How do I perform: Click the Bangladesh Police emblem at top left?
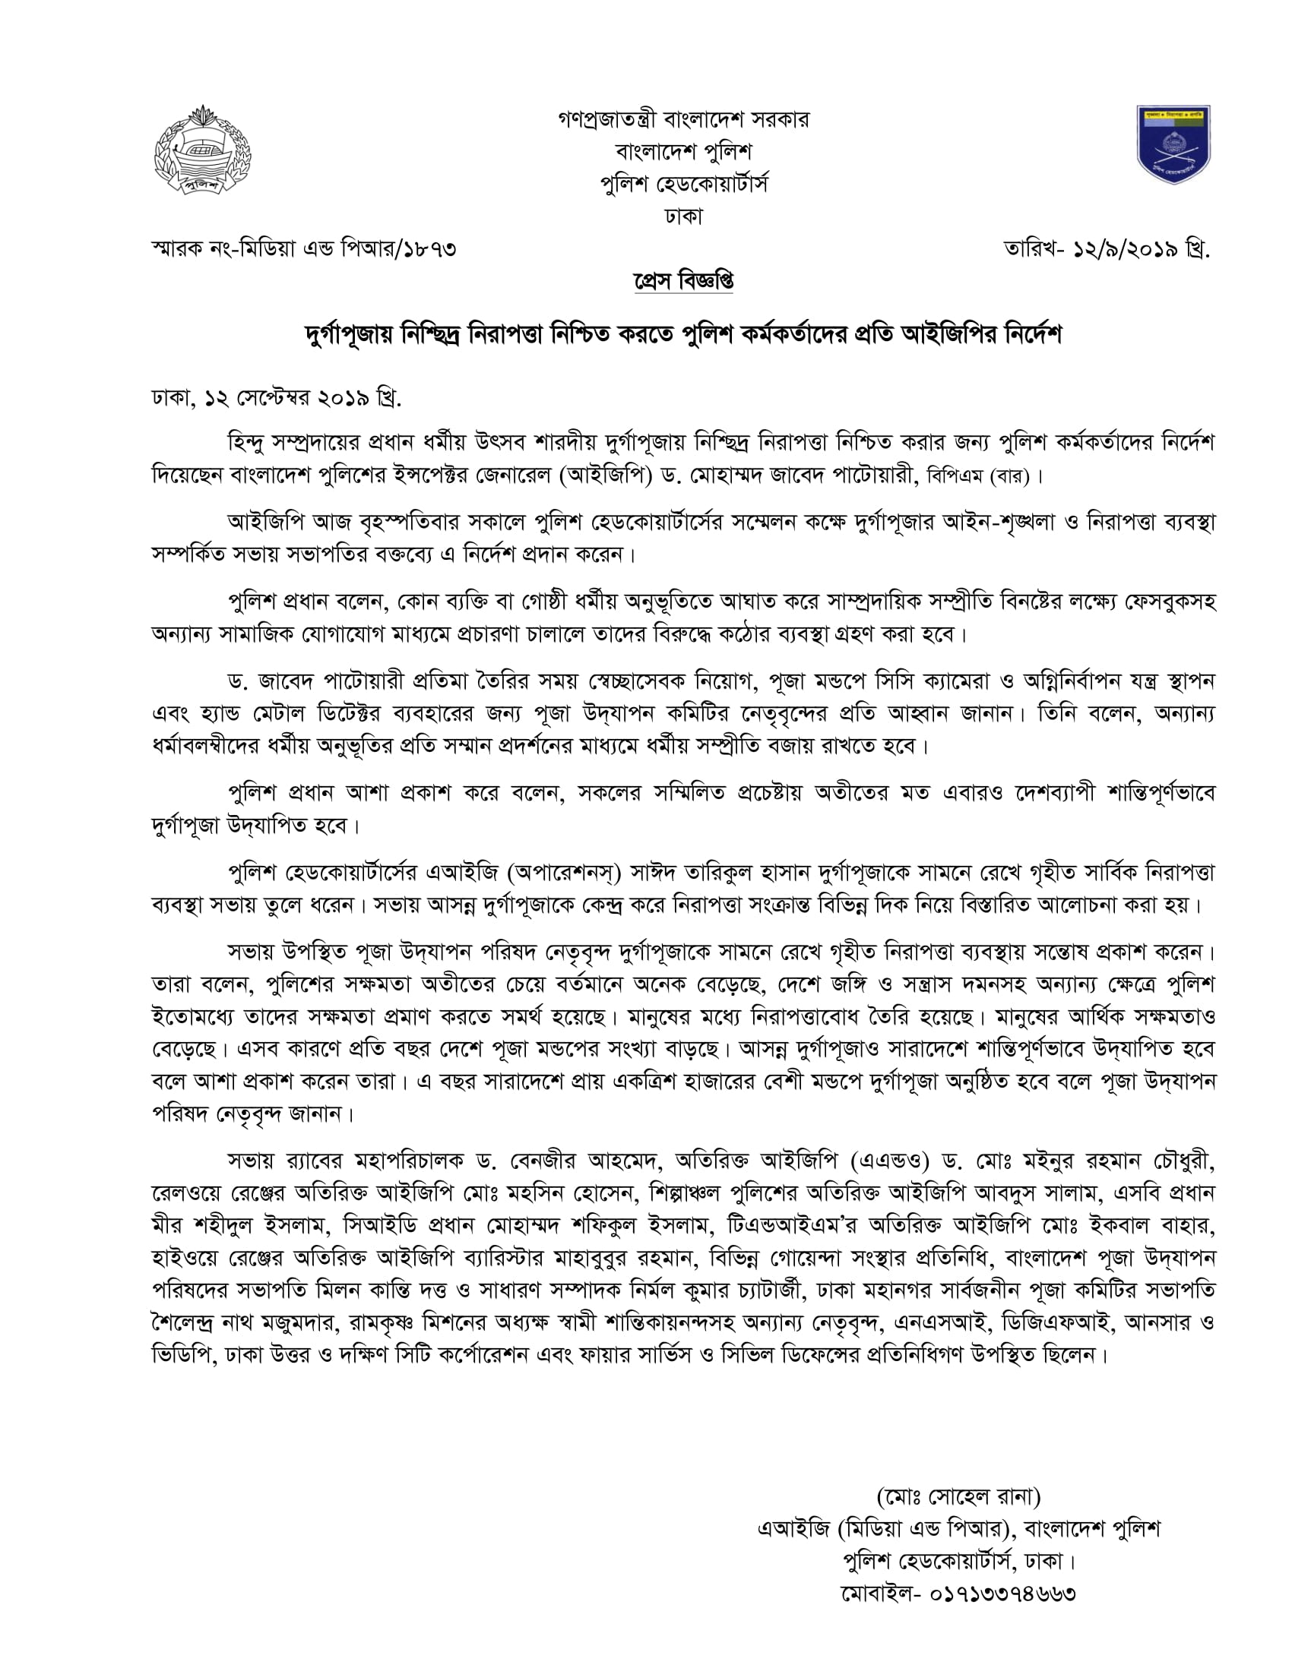point(202,149)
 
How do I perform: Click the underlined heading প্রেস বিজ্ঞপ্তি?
point(683,281)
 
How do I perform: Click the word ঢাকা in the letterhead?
point(683,216)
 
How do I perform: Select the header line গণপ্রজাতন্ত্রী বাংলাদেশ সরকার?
point(683,119)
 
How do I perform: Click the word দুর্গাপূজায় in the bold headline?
point(349,335)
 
